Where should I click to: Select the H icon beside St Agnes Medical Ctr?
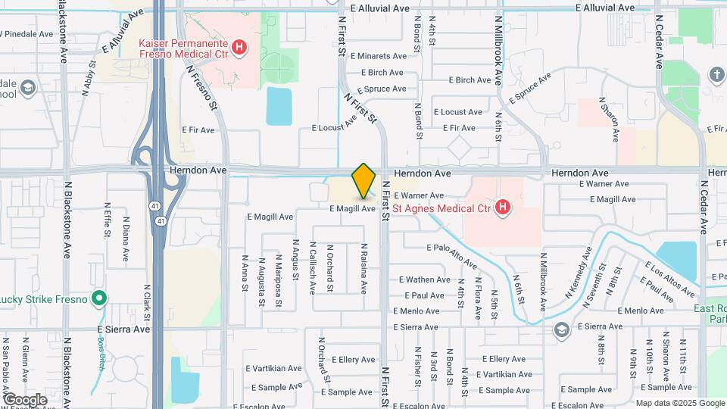[x=501, y=206]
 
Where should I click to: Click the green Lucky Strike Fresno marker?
[x=98, y=298]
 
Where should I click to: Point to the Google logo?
[x=25, y=399]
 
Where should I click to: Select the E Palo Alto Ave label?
[x=452, y=256]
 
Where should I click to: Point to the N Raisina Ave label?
[x=364, y=269]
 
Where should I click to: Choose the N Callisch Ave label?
[x=312, y=269]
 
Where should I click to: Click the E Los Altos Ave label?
[x=669, y=279]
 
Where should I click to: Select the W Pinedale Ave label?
[x=27, y=34]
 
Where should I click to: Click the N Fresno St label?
[x=202, y=89]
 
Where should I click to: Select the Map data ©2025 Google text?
[x=679, y=402]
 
